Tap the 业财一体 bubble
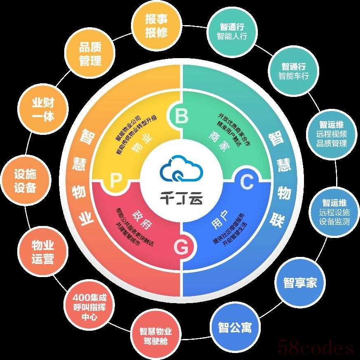tap(43, 109)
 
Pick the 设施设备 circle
tap(25, 181)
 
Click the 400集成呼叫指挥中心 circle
tap(89, 307)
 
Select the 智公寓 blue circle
tap(235, 327)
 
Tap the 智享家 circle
tap(300, 282)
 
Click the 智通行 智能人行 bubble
tap(232, 31)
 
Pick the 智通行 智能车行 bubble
tap(294, 71)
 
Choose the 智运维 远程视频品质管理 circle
tap(332, 134)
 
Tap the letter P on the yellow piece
tap(115, 181)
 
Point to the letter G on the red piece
tap(181, 247)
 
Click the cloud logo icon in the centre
tap(181, 169)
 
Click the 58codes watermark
tap(316, 347)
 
